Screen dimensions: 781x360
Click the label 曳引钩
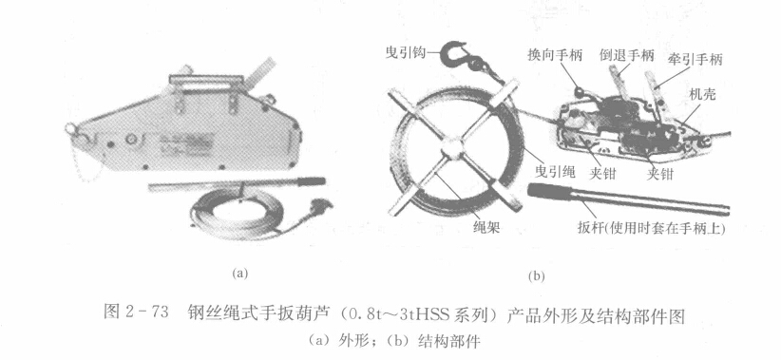tap(406, 51)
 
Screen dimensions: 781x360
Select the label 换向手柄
tap(555, 56)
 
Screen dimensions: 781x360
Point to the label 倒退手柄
tap(626, 56)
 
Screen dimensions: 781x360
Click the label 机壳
tap(702, 94)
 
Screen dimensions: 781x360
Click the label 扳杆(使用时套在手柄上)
tap(651, 229)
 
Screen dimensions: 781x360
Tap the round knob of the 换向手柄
tap(579, 91)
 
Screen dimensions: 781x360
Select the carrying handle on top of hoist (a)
tap(207, 79)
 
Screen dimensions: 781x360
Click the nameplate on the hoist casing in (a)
tap(184, 142)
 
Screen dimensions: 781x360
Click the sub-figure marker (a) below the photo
tap(239, 273)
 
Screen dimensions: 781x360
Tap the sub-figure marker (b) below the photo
tap(537, 276)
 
